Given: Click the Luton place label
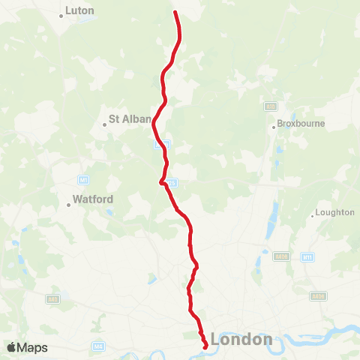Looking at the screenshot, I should coord(79,11).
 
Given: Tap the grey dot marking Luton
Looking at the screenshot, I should coord(61,13).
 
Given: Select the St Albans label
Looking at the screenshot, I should coord(130,118).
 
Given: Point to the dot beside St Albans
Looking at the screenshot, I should coord(105,125).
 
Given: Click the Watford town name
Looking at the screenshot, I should coord(93,200).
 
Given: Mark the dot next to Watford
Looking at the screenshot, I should coord(68,204).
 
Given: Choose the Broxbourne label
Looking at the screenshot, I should coord(301,124).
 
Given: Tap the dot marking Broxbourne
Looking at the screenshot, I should coord(274,127).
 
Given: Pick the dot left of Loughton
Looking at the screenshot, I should coord(313,216).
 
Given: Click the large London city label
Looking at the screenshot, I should coord(241,340).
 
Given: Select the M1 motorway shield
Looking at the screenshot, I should coord(83,180).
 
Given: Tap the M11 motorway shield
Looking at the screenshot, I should coord(307,257).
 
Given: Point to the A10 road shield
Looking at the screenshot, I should coord(270,106).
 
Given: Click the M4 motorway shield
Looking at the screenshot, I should coord(98,346).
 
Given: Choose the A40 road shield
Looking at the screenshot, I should coord(52,298).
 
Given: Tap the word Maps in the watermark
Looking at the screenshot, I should coord(32,348).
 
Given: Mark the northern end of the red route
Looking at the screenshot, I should coord(175,12).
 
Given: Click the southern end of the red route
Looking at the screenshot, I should coord(205,346).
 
